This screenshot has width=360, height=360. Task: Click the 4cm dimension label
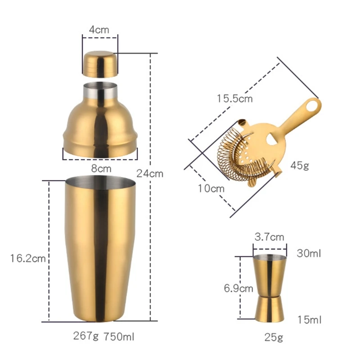click(99, 30)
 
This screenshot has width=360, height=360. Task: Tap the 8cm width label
click(101, 168)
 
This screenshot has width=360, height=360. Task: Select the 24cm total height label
click(150, 174)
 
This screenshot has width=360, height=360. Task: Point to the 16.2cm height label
click(28, 258)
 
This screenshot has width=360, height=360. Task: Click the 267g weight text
click(86, 336)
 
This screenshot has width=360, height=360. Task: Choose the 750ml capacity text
click(119, 337)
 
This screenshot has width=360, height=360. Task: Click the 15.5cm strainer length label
click(234, 99)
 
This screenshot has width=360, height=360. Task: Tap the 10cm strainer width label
click(211, 189)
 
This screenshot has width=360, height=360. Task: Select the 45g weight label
click(300, 165)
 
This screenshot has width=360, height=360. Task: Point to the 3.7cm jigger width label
click(269, 237)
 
